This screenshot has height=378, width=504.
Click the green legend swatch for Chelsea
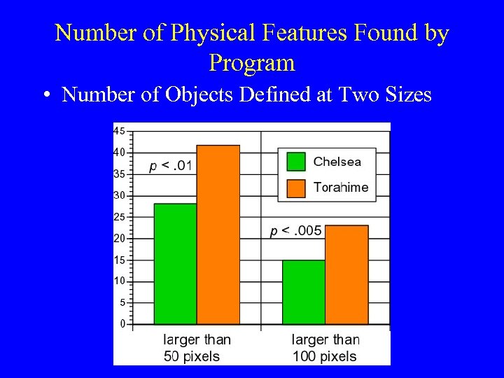coord(297,162)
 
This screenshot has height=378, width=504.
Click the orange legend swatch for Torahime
coord(297,188)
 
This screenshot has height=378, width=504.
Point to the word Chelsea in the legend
coord(337,162)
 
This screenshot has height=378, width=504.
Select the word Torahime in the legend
coord(341,188)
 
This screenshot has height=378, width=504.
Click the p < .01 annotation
coord(171,166)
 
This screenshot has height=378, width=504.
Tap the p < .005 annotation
coord(296,231)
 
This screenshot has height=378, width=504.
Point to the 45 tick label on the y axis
coord(119,130)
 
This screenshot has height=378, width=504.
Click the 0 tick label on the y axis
coord(122,324)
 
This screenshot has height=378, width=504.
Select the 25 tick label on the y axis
coord(119,217)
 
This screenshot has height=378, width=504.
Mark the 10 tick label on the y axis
coord(119,281)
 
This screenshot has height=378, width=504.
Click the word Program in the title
coord(252,63)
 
